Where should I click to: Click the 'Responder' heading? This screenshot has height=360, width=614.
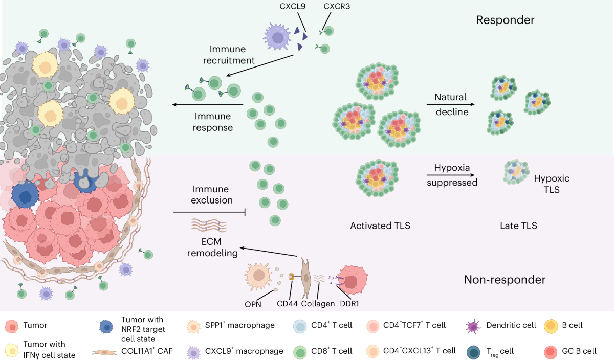[x=505, y=20]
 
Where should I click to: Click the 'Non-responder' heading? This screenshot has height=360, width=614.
[x=505, y=280]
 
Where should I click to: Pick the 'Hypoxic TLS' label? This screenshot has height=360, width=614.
[x=552, y=184]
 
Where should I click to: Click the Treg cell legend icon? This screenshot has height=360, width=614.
[x=473, y=351]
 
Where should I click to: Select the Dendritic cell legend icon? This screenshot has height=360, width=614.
[x=473, y=325]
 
